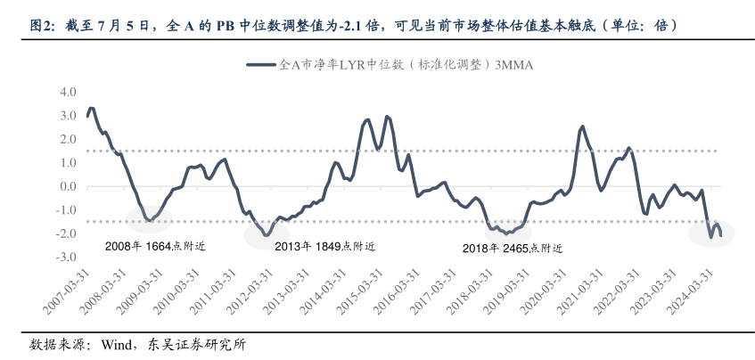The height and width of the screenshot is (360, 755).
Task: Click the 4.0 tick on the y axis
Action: (68, 92)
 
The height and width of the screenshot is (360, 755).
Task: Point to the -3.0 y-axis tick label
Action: (66, 257)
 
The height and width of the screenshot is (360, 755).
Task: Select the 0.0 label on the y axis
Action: (68, 186)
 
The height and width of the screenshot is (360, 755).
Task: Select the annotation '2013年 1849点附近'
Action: (324, 247)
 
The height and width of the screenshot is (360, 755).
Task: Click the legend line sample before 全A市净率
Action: (260, 64)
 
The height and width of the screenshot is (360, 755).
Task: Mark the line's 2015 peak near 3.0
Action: (386, 117)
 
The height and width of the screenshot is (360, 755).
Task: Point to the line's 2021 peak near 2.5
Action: (582, 127)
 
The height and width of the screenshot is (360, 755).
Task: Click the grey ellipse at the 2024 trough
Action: (712, 233)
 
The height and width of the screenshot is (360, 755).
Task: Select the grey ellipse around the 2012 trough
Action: (267, 234)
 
